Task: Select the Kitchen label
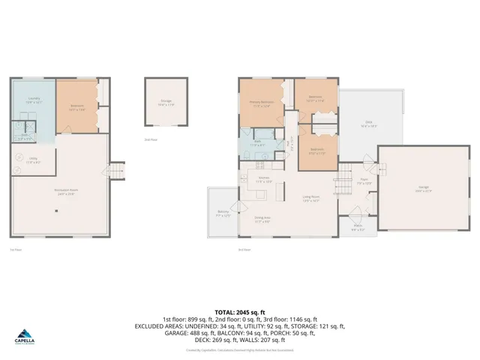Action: tap(263, 180)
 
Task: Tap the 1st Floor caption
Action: tap(14, 249)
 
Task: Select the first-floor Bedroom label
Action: tap(76, 106)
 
